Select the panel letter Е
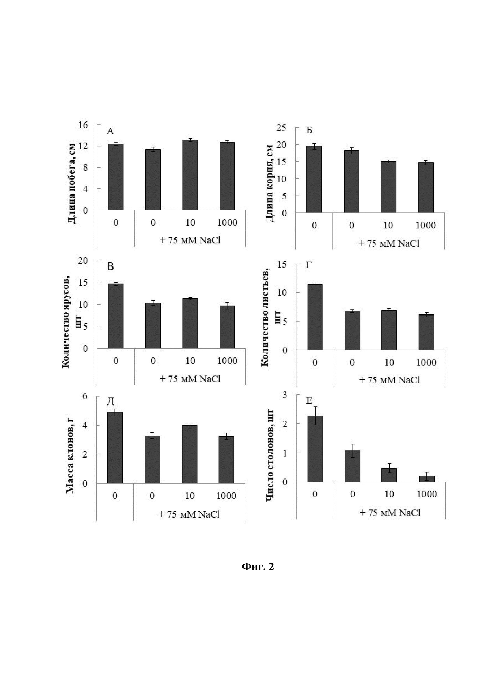[309, 401]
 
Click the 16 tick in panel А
[83, 125]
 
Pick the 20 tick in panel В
[83, 261]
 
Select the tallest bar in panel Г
[315, 317]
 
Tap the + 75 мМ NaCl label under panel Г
[389, 380]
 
